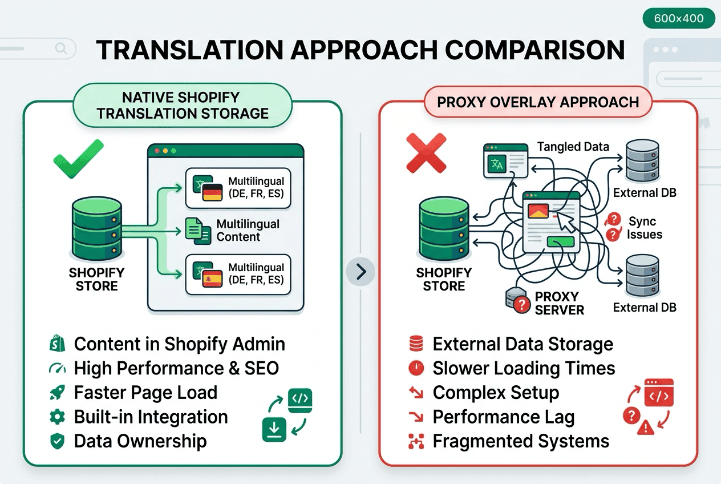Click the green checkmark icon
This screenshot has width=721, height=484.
click(x=78, y=159)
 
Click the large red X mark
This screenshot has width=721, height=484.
click(x=426, y=152)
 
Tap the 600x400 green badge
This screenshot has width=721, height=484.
click(x=679, y=18)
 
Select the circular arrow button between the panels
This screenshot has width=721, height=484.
click(x=360, y=271)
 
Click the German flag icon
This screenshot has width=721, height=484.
click(x=212, y=192)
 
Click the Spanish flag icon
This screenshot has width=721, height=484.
click(x=212, y=279)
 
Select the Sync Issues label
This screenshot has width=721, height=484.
click(x=644, y=228)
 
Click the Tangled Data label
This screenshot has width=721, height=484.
click(x=573, y=147)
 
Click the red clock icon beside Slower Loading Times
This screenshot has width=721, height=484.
click(x=416, y=368)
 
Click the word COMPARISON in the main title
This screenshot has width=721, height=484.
click(x=536, y=50)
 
